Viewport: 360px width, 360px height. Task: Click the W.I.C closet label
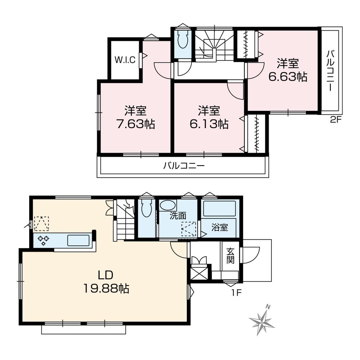[x=125, y=60]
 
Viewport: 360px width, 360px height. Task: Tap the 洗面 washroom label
[x=178, y=216]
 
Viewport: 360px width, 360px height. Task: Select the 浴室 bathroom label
[x=219, y=228]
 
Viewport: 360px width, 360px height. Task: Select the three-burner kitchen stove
[x=44, y=240]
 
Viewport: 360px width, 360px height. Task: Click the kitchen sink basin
[x=78, y=240]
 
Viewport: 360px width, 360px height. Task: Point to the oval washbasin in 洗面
[x=168, y=206]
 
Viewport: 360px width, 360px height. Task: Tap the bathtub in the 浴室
[x=219, y=209]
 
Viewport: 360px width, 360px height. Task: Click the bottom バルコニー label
[x=184, y=166]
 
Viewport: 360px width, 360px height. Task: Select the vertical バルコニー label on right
[x=330, y=71]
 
